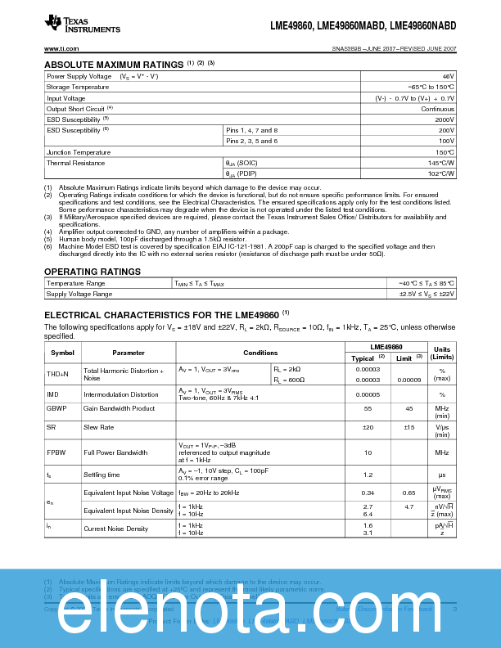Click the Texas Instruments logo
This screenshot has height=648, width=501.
pyautogui.click(x=82, y=25)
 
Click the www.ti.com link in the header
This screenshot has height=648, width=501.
pyautogui.click(x=61, y=49)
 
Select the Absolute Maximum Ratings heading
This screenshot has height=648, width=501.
pyautogui.click(x=113, y=64)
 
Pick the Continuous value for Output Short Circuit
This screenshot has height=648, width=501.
pyautogui.click(x=437, y=108)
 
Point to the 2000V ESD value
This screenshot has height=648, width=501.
pyautogui.click(x=444, y=119)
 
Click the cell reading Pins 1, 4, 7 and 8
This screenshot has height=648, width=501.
pyautogui.click(x=252, y=130)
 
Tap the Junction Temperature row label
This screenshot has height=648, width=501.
pyautogui.click(x=78, y=152)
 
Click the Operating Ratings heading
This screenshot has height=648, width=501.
pyautogui.click(x=92, y=271)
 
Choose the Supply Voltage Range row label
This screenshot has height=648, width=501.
pyautogui.click(x=79, y=294)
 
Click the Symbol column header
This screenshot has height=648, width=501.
pyautogui.click(x=62, y=353)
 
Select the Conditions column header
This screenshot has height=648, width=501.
pyautogui.click(x=260, y=353)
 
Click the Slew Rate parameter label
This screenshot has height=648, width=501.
pyautogui.click(x=98, y=426)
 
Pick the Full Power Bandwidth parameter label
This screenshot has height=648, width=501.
pyautogui.click(x=115, y=452)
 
